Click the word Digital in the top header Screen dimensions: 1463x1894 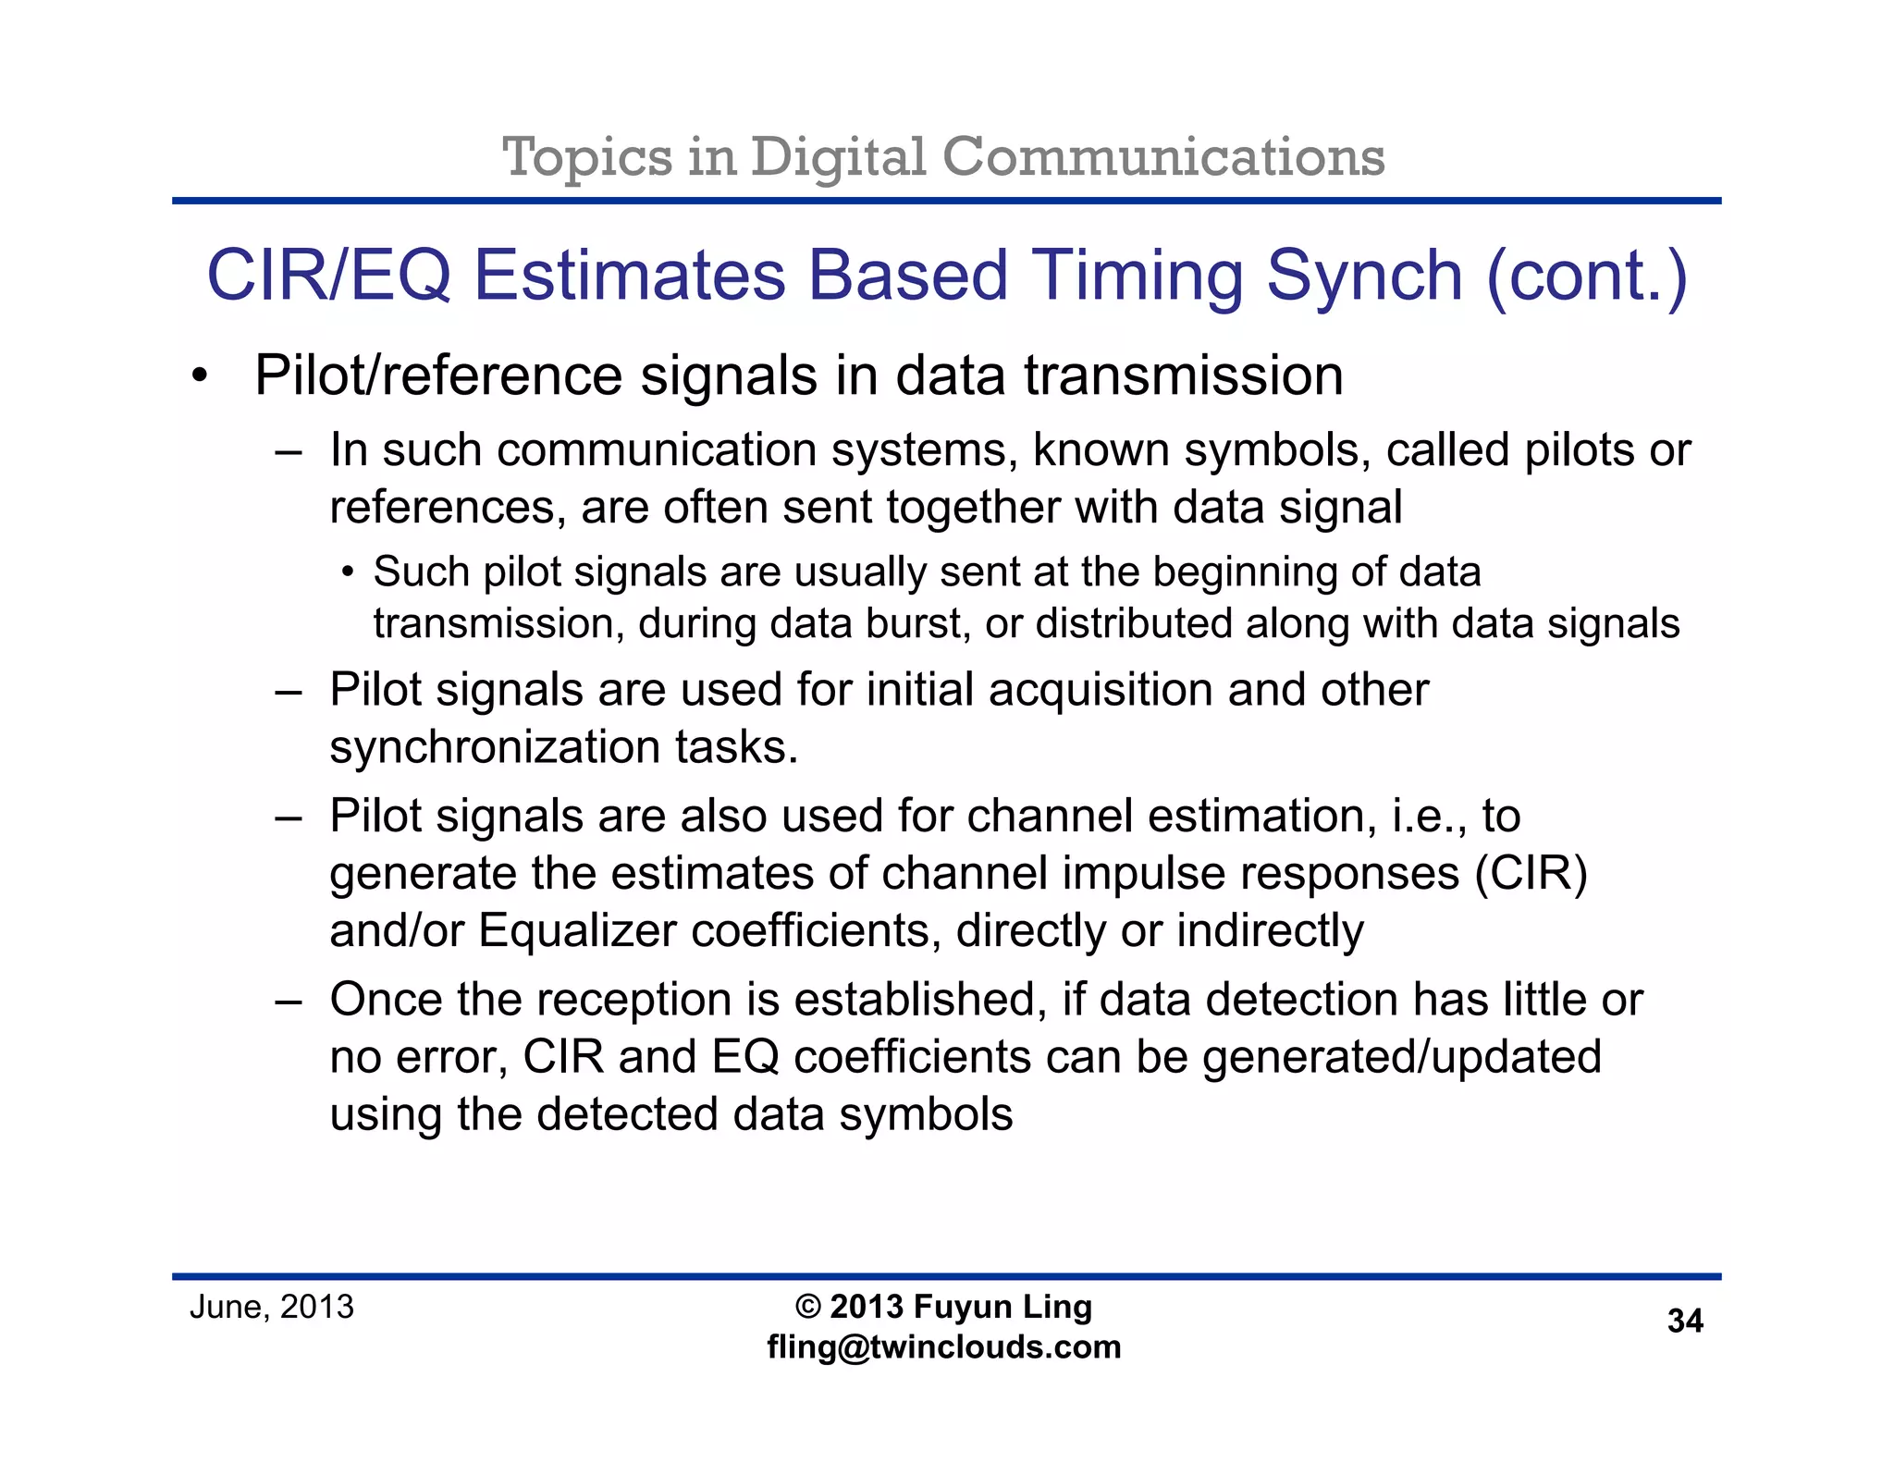(838, 157)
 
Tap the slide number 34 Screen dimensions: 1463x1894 (1685, 1321)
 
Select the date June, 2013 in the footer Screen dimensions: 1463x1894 (272, 1307)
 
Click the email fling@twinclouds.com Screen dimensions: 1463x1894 (944, 1347)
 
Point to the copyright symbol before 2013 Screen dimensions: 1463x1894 (808, 1307)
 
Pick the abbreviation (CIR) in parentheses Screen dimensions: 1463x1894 (1531, 874)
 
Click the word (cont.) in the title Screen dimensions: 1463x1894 (1587, 276)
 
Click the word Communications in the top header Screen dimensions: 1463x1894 (1163, 157)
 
